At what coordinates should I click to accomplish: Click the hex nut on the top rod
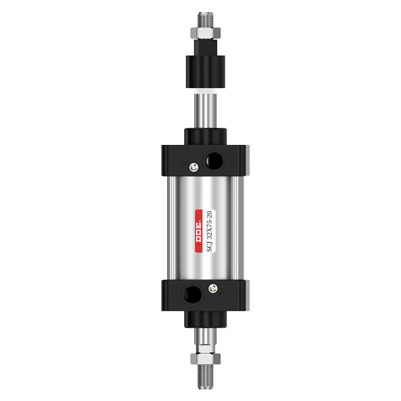click(206, 33)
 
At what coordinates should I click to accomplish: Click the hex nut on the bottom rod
click(206, 358)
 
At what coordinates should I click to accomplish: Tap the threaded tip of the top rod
click(206, 20)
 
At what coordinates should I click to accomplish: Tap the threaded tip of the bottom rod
click(206, 376)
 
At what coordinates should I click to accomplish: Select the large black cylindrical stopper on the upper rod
click(206, 72)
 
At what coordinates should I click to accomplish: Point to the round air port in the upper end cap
click(215, 160)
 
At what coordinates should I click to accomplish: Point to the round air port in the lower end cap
click(193, 294)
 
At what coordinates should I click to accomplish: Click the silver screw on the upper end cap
click(194, 167)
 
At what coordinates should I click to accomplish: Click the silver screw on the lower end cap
click(213, 289)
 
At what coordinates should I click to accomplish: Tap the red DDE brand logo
click(198, 231)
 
